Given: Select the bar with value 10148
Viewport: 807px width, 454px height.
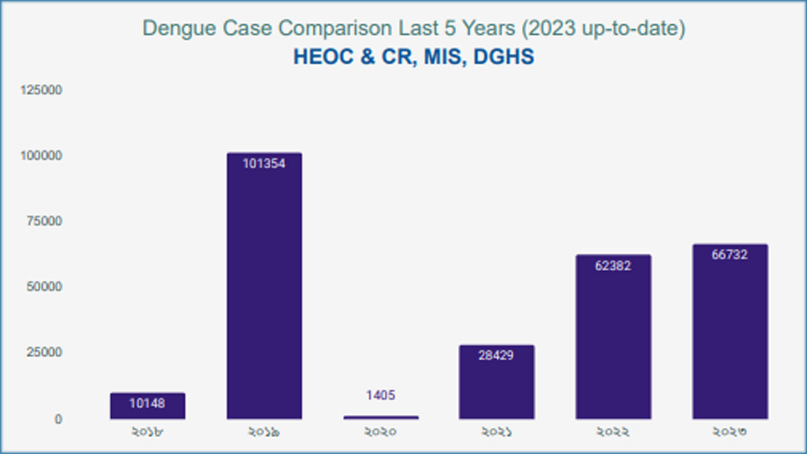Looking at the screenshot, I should (147, 406).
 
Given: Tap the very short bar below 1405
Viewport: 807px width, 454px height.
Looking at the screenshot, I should (381, 417).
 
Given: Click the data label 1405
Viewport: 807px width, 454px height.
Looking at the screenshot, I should (381, 395).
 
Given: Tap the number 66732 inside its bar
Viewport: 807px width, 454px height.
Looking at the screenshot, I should (730, 255).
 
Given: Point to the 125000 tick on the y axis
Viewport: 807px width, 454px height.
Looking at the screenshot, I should (42, 90).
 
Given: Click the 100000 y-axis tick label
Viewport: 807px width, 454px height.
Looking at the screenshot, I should (42, 156).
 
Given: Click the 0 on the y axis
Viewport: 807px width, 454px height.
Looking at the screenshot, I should (58, 419).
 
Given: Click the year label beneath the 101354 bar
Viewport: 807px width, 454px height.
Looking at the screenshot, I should (264, 432).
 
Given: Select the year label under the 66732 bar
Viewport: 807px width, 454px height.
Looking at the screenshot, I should (730, 432).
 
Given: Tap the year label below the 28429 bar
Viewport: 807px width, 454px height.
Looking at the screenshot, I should (497, 432).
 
